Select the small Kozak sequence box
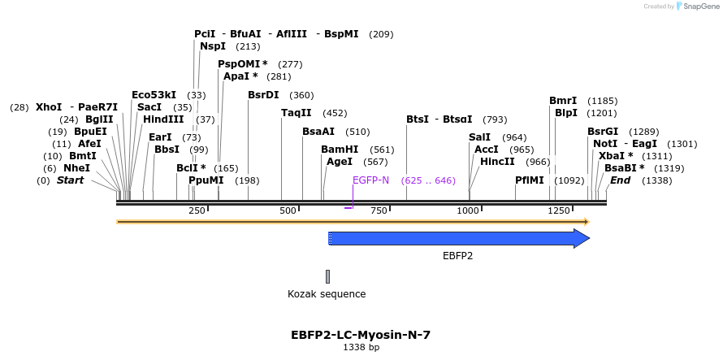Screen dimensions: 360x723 pyautogui.click(x=327, y=277)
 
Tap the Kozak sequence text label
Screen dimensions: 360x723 pyautogui.click(x=327, y=294)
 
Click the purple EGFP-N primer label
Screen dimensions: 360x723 pyautogui.click(x=370, y=180)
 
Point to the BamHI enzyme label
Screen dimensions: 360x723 pyautogui.click(x=339, y=150)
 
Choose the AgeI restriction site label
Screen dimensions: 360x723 pyautogui.click(x=339, y=162)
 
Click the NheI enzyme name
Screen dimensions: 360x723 pyautogui.click(x=76, y=168)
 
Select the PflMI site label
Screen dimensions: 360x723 pyautogui.click(x=530, y=180)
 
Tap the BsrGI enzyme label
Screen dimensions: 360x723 pyautogui.click(x=603, y=132)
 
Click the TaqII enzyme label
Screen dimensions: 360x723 pyautogui.click(x=296, y=113)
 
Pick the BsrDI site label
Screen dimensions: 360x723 pyautogui.click(x=263, y=95)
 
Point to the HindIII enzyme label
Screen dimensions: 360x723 pyautogui.click(x=163, y=119)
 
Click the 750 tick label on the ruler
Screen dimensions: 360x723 pyautogui.click(x=379, y=211)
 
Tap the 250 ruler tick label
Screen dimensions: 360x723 pyautogui.click(x=197, y=211)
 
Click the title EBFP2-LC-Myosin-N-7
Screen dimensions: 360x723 pyautogui.click(x=361, y=335)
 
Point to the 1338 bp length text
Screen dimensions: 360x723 pyautogui.click(x=361, y=348)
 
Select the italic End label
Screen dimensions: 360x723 pyautogui.click(x=620, y=180)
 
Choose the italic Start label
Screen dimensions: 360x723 pyautogui.click(x=70, y=180)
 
